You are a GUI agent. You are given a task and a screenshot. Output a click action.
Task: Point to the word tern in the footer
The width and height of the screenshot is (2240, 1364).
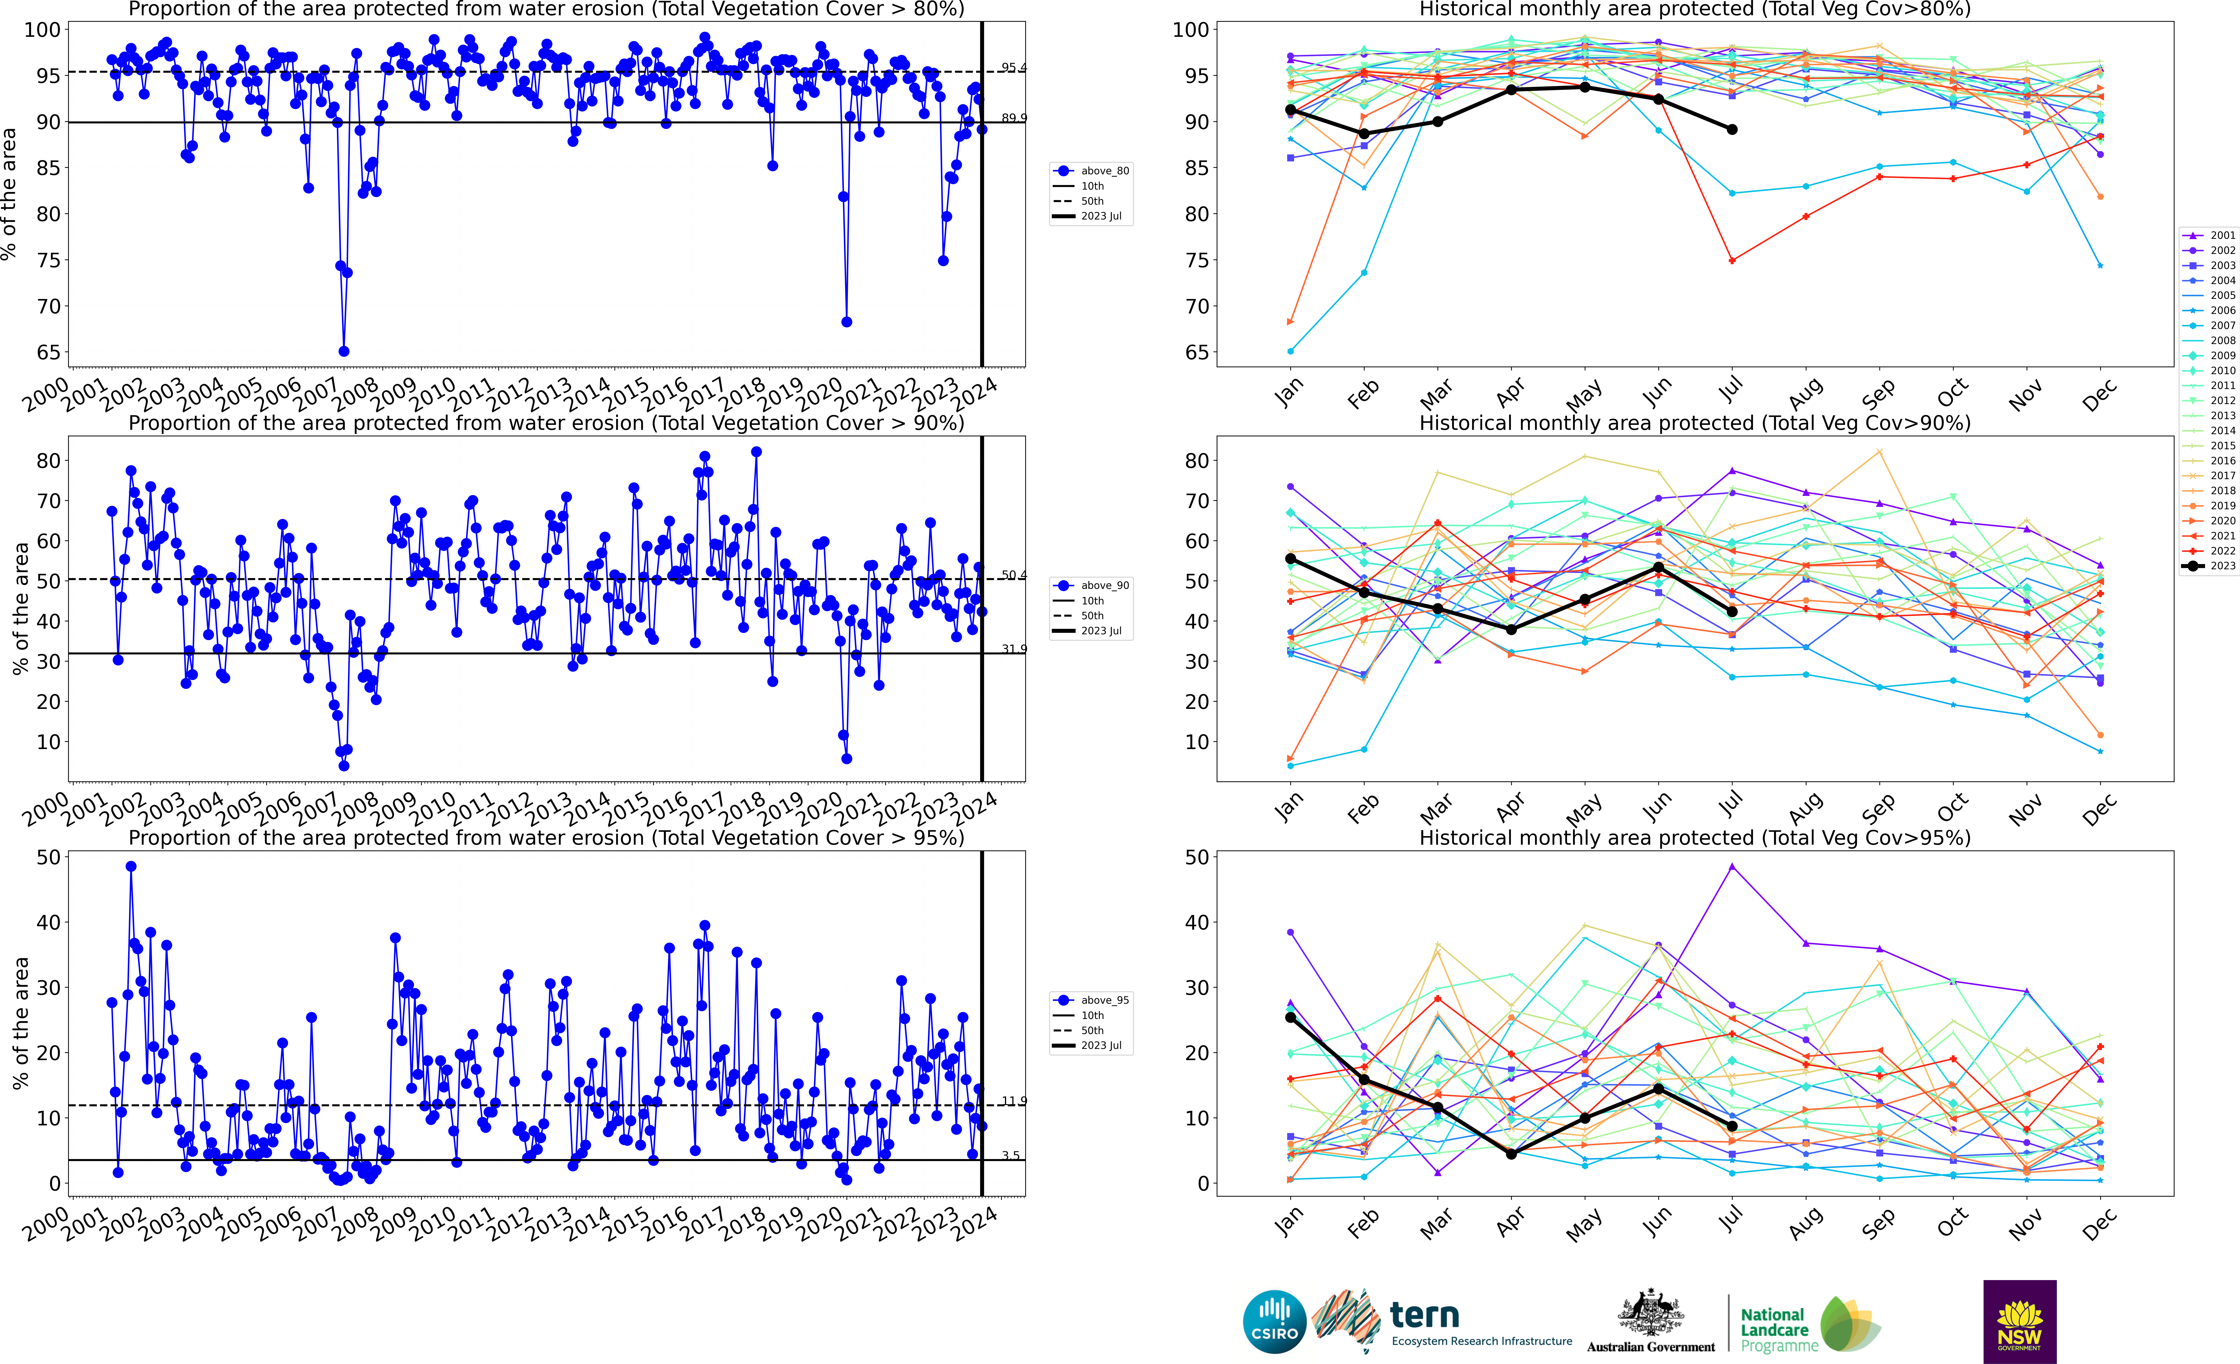[x=1425, y=1315]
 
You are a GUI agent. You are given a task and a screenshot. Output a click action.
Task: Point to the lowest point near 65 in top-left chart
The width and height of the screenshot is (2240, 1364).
[x=344, y=351]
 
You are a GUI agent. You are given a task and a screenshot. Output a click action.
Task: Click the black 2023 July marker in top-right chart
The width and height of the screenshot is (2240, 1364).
[x=1732, y=129]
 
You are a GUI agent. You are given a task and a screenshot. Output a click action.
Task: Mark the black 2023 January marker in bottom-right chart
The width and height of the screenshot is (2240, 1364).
[x=1290, y=1018]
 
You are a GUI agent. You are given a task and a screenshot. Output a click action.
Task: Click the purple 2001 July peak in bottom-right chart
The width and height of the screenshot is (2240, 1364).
[x=1732, y=867]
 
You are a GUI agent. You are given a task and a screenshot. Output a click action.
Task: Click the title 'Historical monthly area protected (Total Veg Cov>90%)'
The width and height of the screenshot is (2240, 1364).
[x=1695, y=423]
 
